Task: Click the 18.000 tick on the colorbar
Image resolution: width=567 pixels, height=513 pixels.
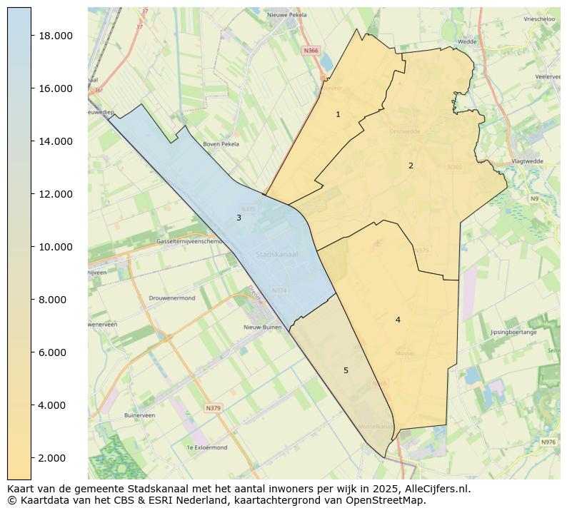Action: pyautogui.click(x=55, y=36)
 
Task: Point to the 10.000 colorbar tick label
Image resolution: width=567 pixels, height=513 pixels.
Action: pyautogui.click(x=55, y=247)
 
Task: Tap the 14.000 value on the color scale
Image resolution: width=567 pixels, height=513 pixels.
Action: pyautogui.click(x=55, y=141)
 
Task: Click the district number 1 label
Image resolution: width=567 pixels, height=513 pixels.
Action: pyautogui.click(x=338, y=114)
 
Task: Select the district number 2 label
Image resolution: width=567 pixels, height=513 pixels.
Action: pyautogui.click(x=411, y=166)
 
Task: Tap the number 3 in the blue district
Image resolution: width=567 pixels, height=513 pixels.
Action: pyautogui.click(x=239, y=218)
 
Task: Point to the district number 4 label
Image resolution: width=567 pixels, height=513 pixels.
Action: pyautogui.click(x=398, y=320)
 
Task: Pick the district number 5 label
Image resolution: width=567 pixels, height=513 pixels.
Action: pyautogui.click(x=346, y=370)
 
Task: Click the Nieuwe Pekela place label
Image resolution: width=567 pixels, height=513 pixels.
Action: pyautogui.click(x=286, y=14)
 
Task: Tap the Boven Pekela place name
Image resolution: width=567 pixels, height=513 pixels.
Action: pyautogui.click(x=221, y=144)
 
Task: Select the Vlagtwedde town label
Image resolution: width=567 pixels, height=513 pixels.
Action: pyautogui.click(x=527, y=161)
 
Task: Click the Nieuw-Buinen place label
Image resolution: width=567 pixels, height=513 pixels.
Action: pyautogui.click(x=261, y=327)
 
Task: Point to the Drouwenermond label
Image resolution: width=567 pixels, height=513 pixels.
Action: pyautogui.click(x=172, y=298)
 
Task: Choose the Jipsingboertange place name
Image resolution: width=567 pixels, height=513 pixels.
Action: pyautogui.click(x=513, y=332)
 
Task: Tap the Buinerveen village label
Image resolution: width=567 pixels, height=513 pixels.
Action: pyautogui.click(x=139, y=415)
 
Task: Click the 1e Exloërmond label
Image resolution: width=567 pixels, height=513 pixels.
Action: pyautogui.click(x=206, y=447)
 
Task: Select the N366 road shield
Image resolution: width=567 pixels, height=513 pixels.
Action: pyautogui.click(x=311, y=51)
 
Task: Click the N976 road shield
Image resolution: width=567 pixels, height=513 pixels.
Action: pyautogui.click(x=548, y=442)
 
